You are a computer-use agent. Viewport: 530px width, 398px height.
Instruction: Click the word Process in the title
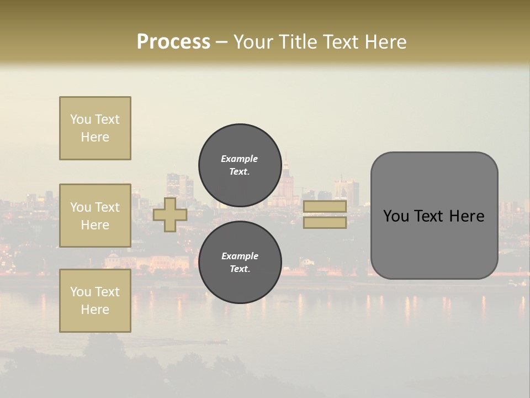tap(173, 42)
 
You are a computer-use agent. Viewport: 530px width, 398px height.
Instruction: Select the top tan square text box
tap(95, 128)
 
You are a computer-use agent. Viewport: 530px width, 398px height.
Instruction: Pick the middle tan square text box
tap(95, 216)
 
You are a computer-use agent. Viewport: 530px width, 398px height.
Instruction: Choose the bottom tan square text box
tap(95, 301)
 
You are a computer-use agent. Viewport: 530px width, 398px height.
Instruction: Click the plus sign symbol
tap(170, 215)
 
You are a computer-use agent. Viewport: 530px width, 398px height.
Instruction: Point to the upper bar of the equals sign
tap(325, 207)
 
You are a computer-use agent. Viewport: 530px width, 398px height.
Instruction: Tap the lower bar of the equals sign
tap(325, 223)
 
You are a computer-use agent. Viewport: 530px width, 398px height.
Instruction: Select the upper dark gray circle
tap(240, 165)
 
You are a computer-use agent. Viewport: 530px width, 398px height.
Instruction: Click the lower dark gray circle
tap(240, 262)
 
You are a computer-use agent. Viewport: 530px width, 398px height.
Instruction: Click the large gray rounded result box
tap(434, 216)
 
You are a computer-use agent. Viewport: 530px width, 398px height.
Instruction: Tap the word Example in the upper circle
tap(240, 159)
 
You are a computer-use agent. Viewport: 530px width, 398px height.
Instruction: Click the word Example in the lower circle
tap(240, 256)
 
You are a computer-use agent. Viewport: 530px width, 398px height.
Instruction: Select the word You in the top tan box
tap(81, 119)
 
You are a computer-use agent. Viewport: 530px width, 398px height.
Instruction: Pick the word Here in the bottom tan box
tap(95, 310)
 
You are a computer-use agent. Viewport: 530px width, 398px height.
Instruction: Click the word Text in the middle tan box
tap(107, 207)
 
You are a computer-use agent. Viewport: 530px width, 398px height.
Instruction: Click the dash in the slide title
tap(222, 42)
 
